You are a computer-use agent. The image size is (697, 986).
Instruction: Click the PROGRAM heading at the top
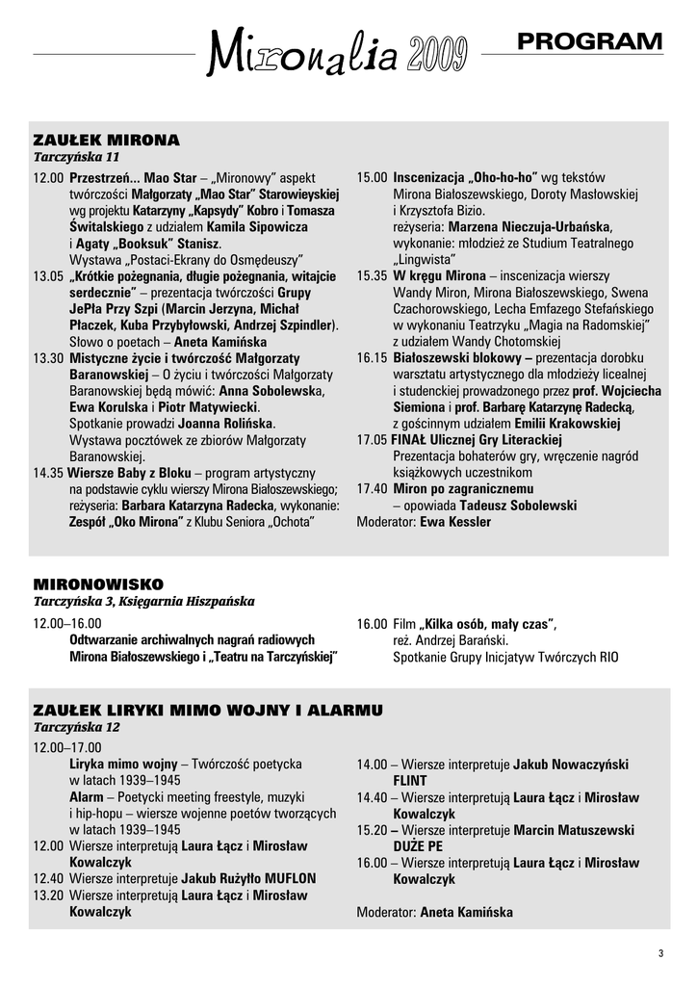pyautogui.click(x=589, y=41)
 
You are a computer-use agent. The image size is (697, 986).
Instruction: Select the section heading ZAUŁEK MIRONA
pyautogui.click(x=106, y=140)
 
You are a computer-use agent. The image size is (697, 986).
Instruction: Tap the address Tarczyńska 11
pyautogui.click(x=76, y=157)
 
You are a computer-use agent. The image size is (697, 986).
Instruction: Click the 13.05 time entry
pyautogui.click(x=47, y=276)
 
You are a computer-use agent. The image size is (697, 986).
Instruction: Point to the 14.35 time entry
pyautogui.click(x=47, y=473)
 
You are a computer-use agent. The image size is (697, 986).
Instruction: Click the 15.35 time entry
pyautogui.click(x=372, y=275)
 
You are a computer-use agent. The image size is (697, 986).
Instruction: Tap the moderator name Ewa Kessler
pyautogui.click(x=455, y=522)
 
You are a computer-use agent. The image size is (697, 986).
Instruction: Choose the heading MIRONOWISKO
pyautogui.click(x=98, y=584)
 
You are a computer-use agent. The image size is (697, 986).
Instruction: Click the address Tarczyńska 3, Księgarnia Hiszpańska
pyautogui.click(x=143, y=602)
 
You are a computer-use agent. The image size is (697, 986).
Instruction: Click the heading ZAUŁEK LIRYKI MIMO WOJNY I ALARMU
pyautogui.click(x=208, y=711)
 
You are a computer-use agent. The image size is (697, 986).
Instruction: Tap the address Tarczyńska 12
pyautogui.click(x=76, y=727)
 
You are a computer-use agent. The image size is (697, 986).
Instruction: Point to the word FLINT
pyautogui.click(x=409, y=781)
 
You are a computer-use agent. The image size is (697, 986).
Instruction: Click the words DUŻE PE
pyautogui.click(x=418, y=846)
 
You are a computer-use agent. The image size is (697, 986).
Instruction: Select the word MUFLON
pyautogui.click(x=284, y=879)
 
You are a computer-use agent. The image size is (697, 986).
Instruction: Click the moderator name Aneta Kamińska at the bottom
pyautogui.click(x=466, y=912)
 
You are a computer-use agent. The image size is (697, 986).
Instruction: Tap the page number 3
pyautogui.click(x=660, y=954)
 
